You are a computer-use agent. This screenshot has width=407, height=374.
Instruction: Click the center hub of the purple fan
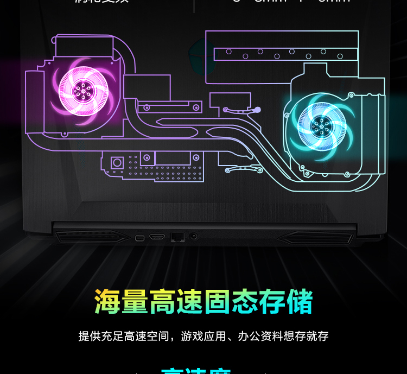point(83,91)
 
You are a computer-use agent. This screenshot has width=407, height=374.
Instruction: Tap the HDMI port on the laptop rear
point(157,238)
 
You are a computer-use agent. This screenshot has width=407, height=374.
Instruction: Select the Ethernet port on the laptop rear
point(177,237)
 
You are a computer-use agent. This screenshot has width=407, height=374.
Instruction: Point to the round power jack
point(193,237)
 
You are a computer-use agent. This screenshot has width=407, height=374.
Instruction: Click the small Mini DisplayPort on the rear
point(139,238)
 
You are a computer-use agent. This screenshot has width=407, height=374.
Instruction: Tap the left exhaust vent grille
point(92,237)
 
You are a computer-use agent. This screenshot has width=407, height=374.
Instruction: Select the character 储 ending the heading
point(300,302)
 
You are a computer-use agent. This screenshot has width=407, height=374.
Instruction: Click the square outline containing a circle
point(117,162)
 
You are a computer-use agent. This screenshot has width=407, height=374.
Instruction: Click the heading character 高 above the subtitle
point(162,302)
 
